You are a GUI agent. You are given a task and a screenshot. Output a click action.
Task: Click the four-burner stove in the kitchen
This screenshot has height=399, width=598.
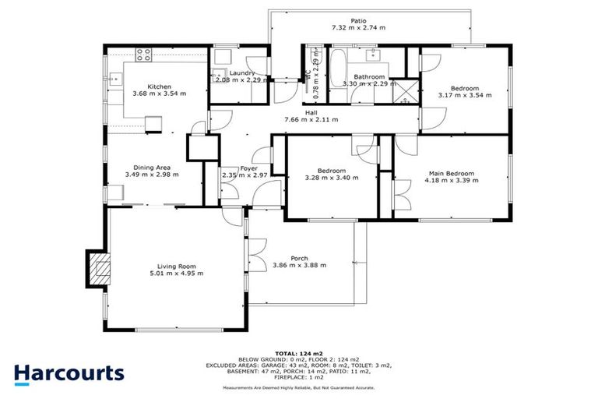pos(144,55)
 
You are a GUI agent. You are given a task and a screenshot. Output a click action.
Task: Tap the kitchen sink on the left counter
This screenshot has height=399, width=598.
pos(114,78)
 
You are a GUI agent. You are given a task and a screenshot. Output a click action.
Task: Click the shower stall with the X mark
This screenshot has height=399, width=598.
pos(403,91)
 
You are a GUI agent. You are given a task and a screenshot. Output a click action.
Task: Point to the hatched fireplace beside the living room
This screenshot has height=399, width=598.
pos(98,271)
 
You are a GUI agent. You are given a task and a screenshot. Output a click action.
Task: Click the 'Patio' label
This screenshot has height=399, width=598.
pos(358,20)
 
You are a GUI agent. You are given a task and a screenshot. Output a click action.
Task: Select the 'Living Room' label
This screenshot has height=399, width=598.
pos(176,266)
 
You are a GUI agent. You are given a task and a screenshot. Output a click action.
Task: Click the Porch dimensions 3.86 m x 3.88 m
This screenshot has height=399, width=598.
pos(299,266)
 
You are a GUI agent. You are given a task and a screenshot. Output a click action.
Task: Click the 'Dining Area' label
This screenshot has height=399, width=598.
pos(152,167)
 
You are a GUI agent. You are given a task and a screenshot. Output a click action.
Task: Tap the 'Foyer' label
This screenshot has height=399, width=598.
pos(248,168)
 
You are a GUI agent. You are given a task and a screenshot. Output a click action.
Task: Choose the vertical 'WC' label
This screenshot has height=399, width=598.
pos(308,76)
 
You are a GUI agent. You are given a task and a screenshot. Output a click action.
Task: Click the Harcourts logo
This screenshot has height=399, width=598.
pos(69,373)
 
